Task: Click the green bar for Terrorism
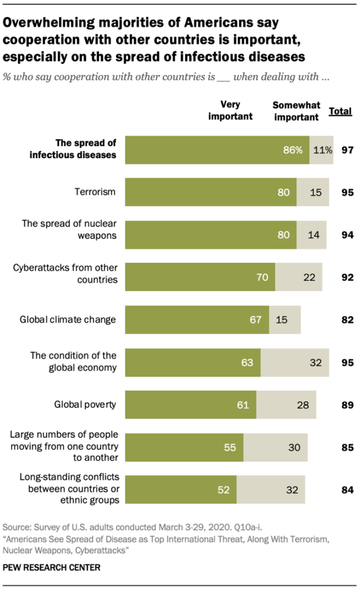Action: pyautogui.click(x=210, y=192)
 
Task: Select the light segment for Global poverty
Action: pyautogui.click(x=286, y=405)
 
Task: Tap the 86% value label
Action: pyautogui.click(x=292, y=150)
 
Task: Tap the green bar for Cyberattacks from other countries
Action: pyautogui.click(x=200, y=277)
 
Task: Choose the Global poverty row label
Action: pyautogui.click(x=85, y=405)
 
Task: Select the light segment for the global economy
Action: pyautogui.click(x=294, y=362)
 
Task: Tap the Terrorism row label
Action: pyautogui.click(x=95, y=193)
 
